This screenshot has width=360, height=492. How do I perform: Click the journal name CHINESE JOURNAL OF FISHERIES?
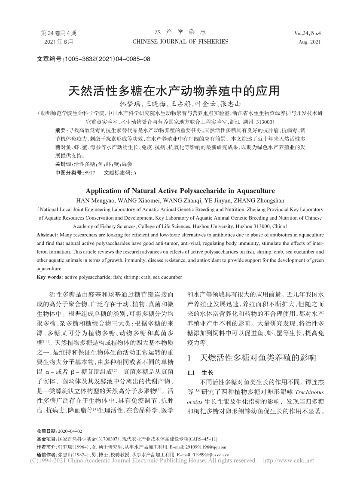point(180,42)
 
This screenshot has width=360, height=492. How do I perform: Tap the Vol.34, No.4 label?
point(308,33)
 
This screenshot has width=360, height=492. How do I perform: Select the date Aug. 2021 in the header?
point(310,42)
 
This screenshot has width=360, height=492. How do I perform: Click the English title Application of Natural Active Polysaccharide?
point(180,191)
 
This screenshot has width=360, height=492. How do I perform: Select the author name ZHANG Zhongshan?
point(261,200)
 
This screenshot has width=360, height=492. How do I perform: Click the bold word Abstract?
point(48,235)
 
